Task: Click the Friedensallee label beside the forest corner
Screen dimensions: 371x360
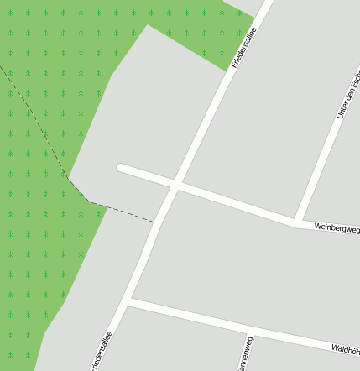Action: coord(243,47)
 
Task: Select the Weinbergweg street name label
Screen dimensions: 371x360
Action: coord(337,227)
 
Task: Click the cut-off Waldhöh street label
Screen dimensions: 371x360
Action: coord(345,347)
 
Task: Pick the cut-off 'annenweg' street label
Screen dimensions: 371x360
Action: coord(243,355)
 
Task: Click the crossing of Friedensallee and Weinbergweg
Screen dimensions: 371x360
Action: coord(176,185)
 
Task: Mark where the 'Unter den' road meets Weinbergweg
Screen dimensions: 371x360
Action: coord(298,222)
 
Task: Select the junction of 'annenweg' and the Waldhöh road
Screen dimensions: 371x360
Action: coord(249,330)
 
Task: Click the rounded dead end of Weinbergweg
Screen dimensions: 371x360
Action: coord(122,168)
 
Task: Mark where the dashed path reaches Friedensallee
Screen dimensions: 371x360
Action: coord(155,222)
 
